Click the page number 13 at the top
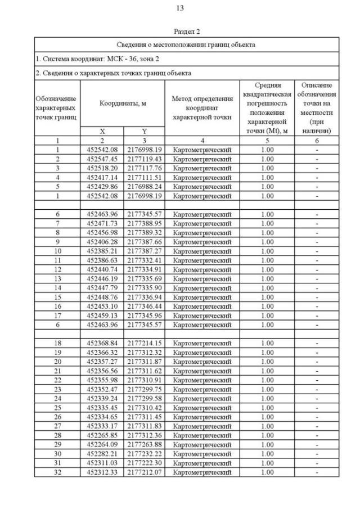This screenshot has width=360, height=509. point(180,8)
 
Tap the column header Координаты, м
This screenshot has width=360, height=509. point(123,103)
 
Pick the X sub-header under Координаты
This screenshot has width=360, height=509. point(102,131)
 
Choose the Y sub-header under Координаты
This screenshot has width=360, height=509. point(144,131)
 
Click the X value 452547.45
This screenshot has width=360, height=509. point(102,159)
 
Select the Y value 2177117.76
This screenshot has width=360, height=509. point(144,168)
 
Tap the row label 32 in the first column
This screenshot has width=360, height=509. point(57,472)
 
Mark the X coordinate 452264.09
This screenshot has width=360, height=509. point(102,445)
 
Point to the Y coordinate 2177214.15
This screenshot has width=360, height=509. point(144,343)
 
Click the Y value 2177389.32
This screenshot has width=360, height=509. point(144,232)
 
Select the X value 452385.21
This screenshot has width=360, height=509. point(102,251)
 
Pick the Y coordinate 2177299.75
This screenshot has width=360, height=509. point(144,389)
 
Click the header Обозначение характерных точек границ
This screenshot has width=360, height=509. point(57,107)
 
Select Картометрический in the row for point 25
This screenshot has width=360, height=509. point(202,407)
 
